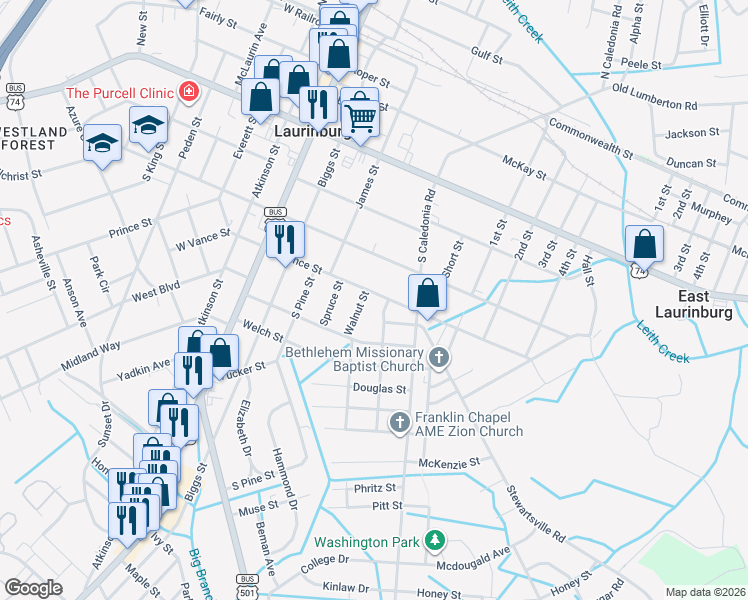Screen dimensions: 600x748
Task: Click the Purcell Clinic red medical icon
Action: pyautogui.click(x=188, y=93)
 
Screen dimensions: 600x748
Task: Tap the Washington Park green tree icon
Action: pyautogui.click(x=434, y=542)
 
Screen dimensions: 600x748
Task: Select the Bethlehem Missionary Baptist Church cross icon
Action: pyautogui.click(x=438, y=358)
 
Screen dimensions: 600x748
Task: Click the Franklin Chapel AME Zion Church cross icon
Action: pyautogui.click(x=399, y=423)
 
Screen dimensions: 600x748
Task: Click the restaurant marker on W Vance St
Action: pyautogui.click(x=285, y=238)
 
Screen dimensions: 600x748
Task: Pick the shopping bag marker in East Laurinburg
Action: pyautogui.click(x=645, y=243)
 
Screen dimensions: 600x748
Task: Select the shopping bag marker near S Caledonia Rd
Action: pyautogui.click(x=427, y=293)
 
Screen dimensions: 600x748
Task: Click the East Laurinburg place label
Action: pyautogui.click(x=694, y=305)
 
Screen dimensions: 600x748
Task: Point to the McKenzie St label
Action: pyautogui.click(x=450, y=463)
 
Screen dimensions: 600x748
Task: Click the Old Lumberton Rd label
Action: pyautogui.click(x=654, y=97)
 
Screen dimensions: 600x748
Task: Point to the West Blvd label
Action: pyautogui.click(x=155, y=289)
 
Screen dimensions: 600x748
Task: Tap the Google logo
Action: pyautogui.click(x=34, y=587)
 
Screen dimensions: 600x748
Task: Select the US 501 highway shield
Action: pyautogui.click(x=248, y=580)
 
